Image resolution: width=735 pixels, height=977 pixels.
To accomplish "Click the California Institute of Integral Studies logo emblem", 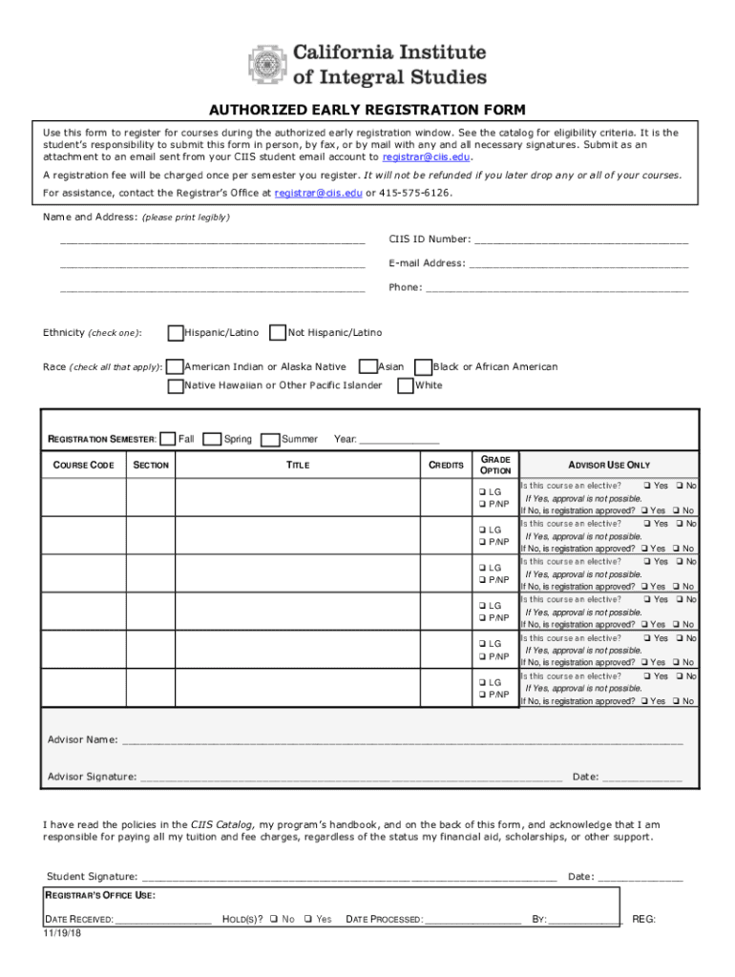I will pos(267,65).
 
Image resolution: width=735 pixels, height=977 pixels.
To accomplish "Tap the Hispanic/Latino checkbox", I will pos(176,333).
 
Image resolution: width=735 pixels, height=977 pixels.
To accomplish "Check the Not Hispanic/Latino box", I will pos(278,333).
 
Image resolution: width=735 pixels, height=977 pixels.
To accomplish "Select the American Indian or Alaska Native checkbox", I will pos(176,367).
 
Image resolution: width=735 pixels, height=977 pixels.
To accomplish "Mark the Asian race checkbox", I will pos(367,367).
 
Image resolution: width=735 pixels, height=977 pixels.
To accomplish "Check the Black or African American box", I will pos(423,367).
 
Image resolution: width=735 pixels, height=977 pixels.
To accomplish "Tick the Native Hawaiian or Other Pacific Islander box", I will pos(176,386).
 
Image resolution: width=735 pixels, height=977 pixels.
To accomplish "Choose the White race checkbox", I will pos(406,386).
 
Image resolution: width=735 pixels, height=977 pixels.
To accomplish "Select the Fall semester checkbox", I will pos(168,439).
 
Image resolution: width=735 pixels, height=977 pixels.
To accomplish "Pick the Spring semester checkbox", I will pos(214,439).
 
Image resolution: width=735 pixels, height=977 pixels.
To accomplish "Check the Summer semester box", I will pos(270,439).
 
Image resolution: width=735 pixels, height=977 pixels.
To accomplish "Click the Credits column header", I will pos(446,466).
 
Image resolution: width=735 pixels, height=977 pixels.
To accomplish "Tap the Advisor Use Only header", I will pos(609,466).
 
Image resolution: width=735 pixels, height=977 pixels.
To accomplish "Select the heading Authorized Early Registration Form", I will pos(367,110).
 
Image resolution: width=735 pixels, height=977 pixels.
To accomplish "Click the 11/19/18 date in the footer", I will pos(63,932).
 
